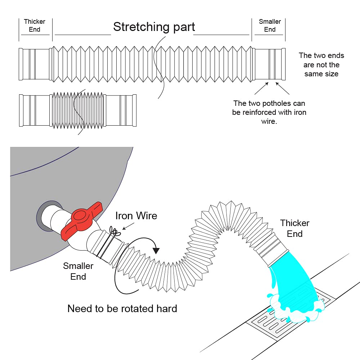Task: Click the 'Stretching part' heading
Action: pos(154,27)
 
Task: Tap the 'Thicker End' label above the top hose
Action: pos(35,26)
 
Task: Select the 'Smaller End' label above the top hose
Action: pos(270,26)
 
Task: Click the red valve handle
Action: pos(81,221)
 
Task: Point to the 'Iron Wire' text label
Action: pos(136,216)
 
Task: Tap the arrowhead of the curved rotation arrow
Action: pos(156,250)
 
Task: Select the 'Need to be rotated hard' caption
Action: pos(122,309)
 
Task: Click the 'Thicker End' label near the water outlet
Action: pos(294,229)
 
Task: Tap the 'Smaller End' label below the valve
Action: pos(78,271)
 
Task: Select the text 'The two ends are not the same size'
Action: pos(321,65)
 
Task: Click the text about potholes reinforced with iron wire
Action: pos(269,112)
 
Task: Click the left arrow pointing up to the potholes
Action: pos(261,89)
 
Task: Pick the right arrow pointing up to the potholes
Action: pos(282,89)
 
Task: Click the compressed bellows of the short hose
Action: pos(78,111)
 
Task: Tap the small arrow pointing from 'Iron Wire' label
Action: pos(129,226)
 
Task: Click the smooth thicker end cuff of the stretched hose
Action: pos(35,64)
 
